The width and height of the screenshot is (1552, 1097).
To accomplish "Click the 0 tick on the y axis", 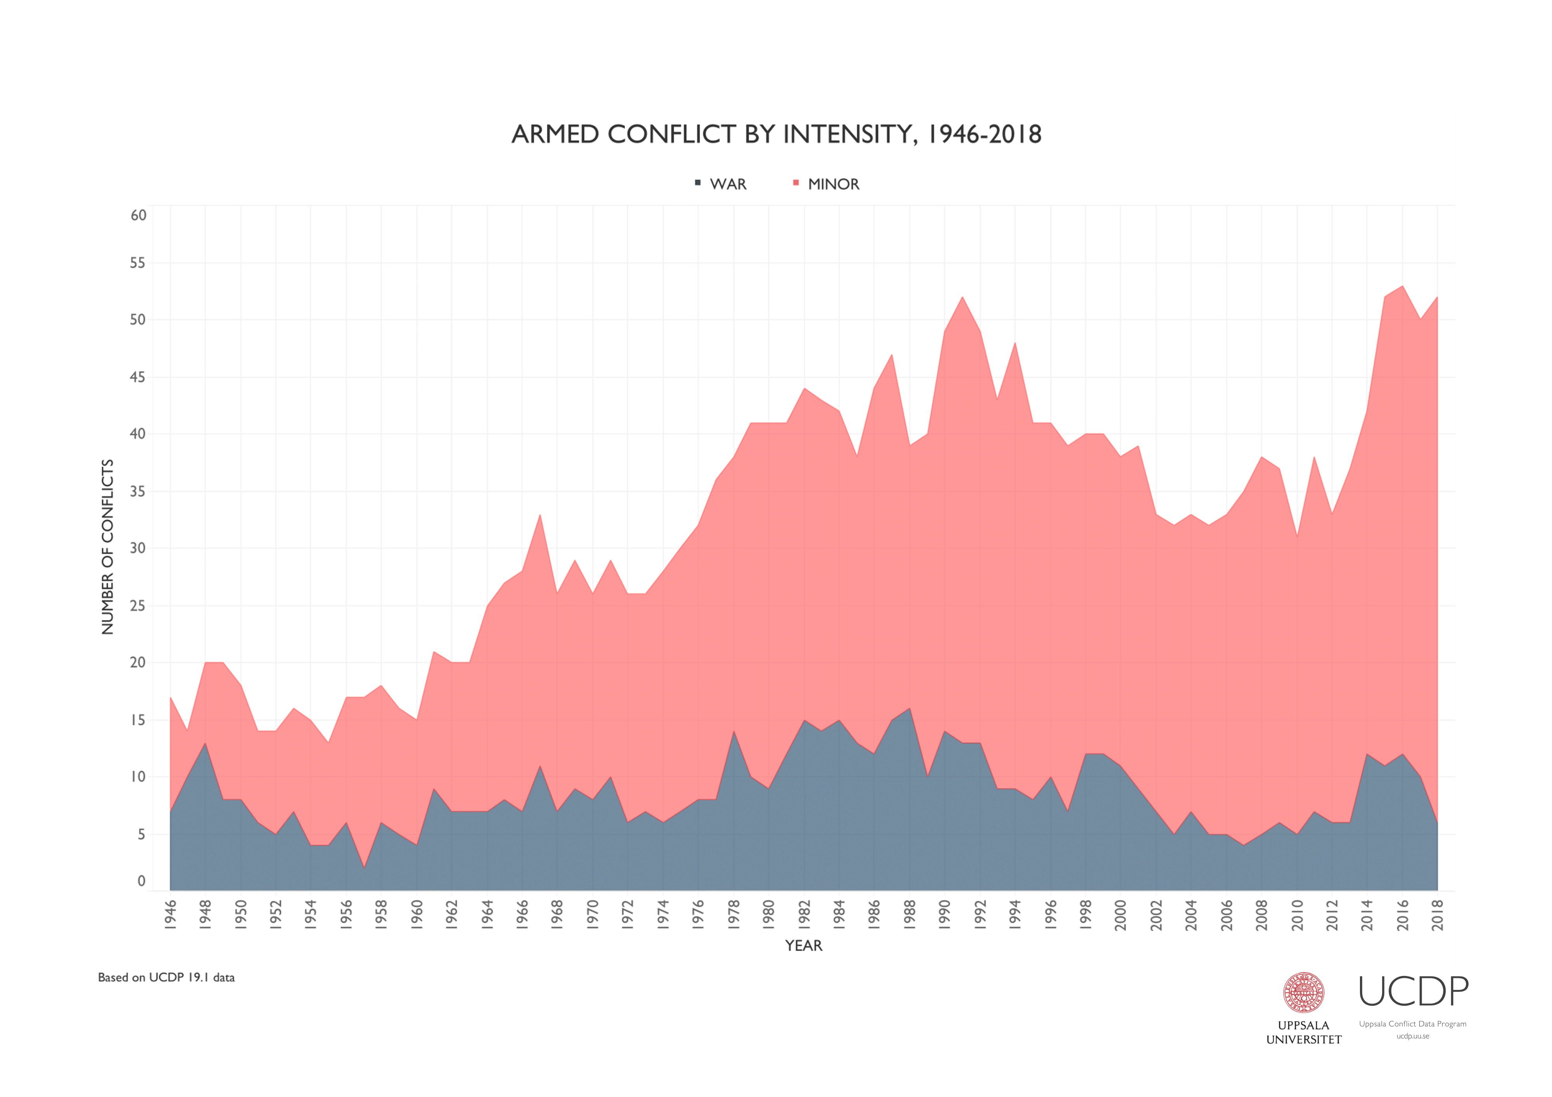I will (x=141, y=881).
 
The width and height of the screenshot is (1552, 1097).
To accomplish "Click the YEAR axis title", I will (x=803, y=946).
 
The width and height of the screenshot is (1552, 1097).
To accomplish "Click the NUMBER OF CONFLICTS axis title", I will (x=107, y=547).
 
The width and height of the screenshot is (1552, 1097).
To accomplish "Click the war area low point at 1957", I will (x=364, y=867).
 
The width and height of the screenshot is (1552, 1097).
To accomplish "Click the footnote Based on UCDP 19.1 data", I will (x=166, y=978).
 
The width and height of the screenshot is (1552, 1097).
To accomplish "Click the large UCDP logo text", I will (x=1413, y=991).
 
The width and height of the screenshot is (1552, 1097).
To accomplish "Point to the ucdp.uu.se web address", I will (x=1413, y=1036).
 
